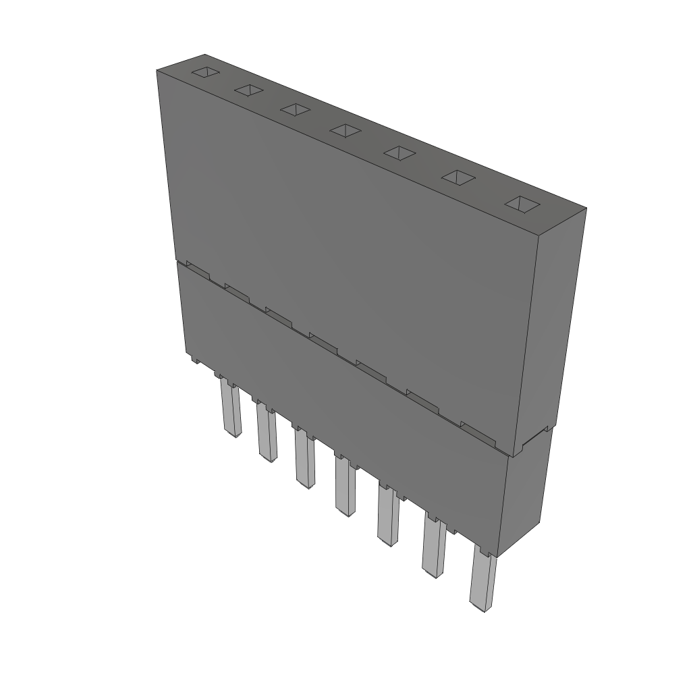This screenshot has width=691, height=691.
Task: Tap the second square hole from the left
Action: coord(248,90)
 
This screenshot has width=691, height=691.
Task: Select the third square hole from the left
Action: coord(296,109)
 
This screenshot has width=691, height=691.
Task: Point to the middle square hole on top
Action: coord(346,130)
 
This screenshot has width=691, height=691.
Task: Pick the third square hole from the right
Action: coord(400,153)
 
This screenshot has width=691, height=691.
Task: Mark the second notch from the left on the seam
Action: coord(237,292)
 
